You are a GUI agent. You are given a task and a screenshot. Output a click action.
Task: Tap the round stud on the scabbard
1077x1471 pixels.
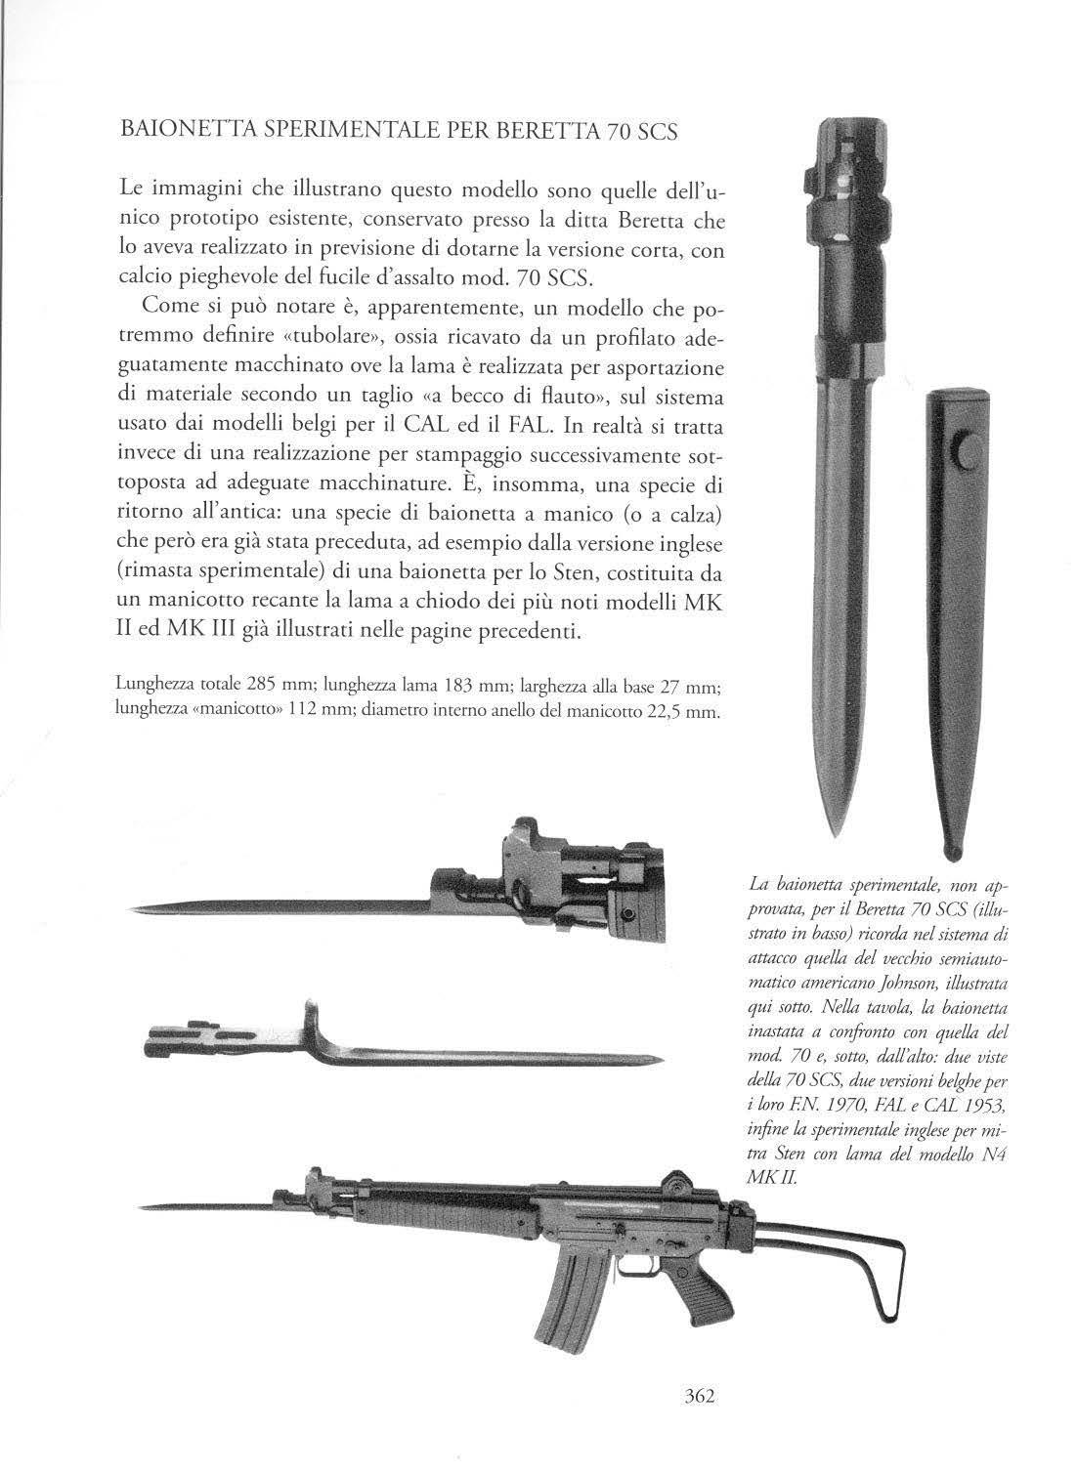point(965,454)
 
